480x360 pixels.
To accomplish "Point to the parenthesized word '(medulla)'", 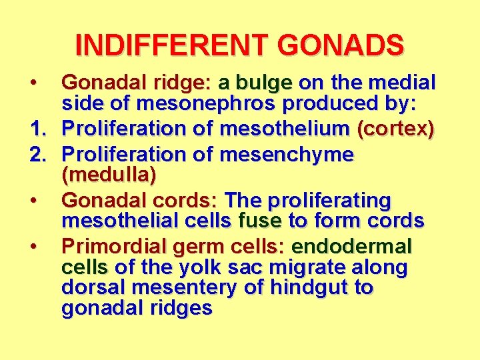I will (109, 175).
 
